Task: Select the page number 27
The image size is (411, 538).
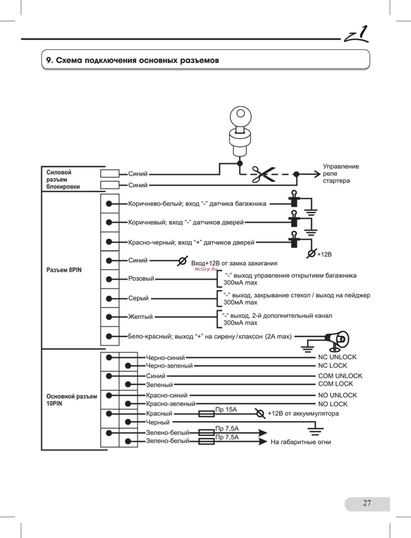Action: pyautogui.click(x=367, y=503)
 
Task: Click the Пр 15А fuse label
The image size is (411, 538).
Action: pyautogui.click(x=226, y=409)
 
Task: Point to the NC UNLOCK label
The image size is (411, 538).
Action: pyautogui.click(x=337, y=357)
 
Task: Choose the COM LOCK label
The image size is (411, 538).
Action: pyautogui.click(x=335, y=384)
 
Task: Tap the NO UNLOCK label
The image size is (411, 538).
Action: pyautogui.click(x=337, y=395)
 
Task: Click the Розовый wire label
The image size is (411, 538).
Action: pyautogui.click(x=141, y=279)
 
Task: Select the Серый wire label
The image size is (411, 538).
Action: pyautogui.click(x=138, y=298)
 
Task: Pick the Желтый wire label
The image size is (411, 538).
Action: pyautogui.click(x=140, y=317)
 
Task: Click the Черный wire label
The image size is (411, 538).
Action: pyautogui.click(x=158, y=422)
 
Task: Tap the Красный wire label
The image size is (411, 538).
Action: pyautogui.click(x=159, y=413)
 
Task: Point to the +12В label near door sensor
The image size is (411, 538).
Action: pyautogui.click(x=324, y=255)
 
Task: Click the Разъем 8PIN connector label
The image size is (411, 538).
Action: pyautogui.click(x=64, y=270)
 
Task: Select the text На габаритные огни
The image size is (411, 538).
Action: pyautogui.click(x=301, y=442)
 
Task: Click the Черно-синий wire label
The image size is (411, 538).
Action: pyautogui.click(x=165, y=358)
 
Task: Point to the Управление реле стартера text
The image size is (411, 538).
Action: pyautogui.click(x=341, y=174)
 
